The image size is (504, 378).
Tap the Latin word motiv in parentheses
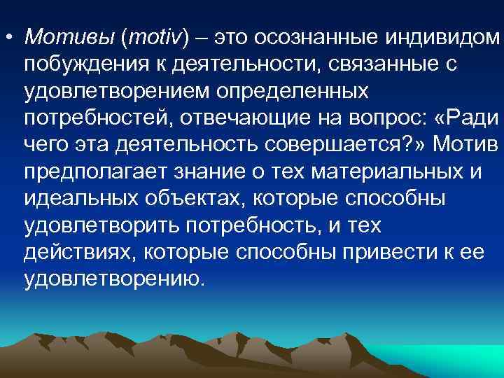(x=152, y=35)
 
